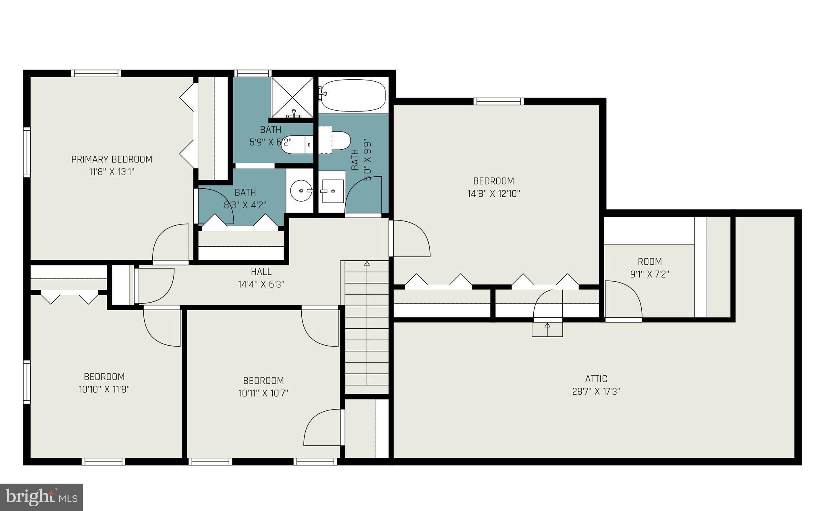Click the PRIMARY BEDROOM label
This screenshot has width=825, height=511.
click(x=112, y=159)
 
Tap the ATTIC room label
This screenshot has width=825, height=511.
click(x=596, y=379)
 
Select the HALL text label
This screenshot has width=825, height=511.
click(x=261, y=272)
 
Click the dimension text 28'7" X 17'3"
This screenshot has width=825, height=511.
click(x=596, y=391)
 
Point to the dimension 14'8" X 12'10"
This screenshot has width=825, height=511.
click(x=493, y=194)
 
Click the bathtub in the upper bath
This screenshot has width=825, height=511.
click(x=352, y=95)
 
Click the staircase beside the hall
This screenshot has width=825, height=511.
click(x=367, y=326)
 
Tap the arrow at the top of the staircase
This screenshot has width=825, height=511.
click(x=367, y=264)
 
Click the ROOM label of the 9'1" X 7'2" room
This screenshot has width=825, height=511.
click(x=649, y=262)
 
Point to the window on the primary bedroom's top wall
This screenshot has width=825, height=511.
click(x=96, y=73)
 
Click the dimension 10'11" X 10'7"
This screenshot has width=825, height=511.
click(x=263, y=393)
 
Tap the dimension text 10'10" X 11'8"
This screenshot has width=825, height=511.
click(x=104, y=389)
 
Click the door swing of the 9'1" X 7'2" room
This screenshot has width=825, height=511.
click(x=623, y=300)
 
